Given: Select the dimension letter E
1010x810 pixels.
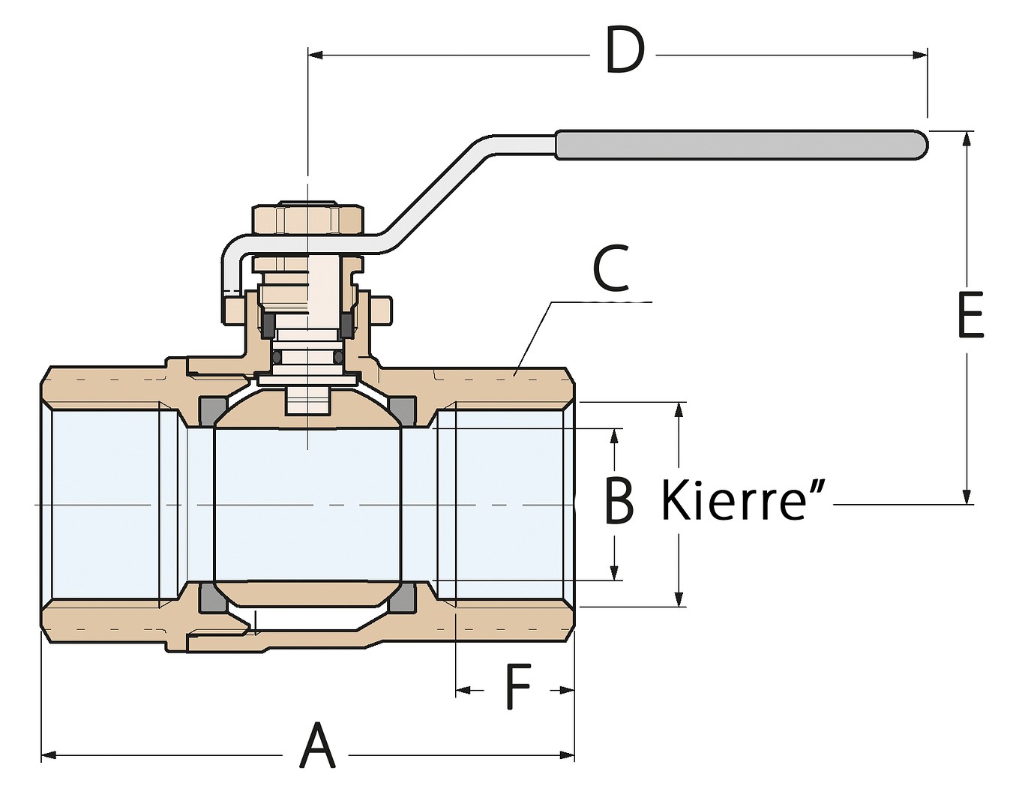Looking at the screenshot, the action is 970,314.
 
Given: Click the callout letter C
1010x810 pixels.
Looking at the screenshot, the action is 611,268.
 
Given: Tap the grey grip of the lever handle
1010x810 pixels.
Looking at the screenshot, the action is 742,145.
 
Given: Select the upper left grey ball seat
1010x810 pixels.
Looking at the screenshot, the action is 214,409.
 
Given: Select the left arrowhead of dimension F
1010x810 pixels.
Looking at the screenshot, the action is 463,690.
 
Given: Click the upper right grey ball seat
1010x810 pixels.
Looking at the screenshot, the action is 403,409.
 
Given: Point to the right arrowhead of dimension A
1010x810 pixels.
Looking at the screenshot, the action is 566,755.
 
